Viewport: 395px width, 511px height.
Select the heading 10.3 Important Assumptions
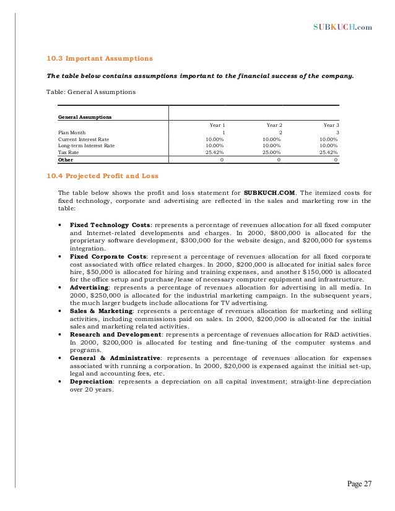(99, 59)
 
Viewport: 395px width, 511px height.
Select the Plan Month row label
(72, 132)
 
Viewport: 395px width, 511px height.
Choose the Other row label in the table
(65, 159)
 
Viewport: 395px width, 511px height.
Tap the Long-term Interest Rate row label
(86, 145)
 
